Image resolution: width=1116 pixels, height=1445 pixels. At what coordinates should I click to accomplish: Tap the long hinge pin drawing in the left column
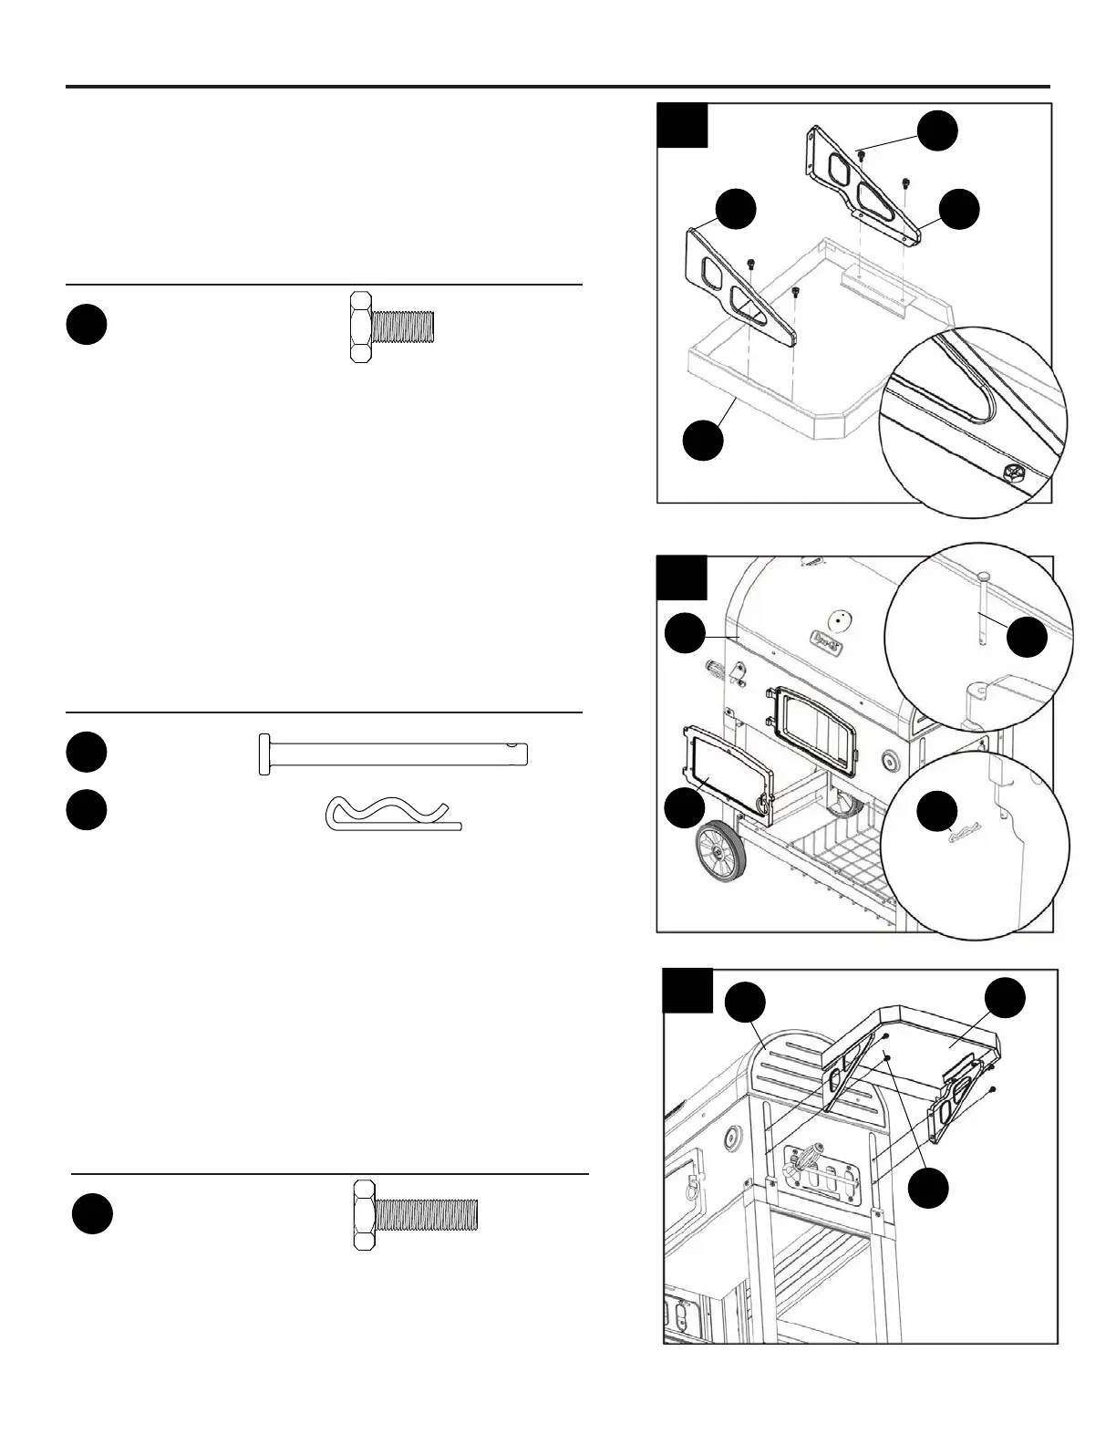393,754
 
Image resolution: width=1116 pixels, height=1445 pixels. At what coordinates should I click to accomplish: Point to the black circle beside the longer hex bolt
92,1215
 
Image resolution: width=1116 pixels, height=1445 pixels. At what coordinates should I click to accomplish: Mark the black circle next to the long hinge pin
87,752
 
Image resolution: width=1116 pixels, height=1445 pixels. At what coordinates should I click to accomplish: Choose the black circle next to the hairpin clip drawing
87,811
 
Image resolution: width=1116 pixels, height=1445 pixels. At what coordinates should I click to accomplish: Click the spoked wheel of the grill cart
721,852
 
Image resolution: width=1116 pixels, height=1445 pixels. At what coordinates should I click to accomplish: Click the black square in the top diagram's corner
683,125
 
